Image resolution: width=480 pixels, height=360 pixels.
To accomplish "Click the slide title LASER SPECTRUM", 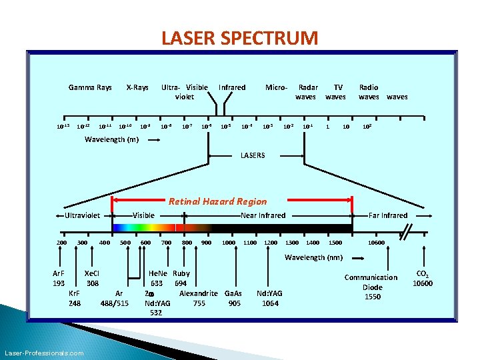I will [x=240, y=38].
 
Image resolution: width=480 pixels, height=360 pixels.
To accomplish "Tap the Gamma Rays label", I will [x=90, y=87].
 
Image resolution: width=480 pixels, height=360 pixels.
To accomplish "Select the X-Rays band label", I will [x=137, y=87].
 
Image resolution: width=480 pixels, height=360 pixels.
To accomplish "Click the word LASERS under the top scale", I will [x=253, y=155].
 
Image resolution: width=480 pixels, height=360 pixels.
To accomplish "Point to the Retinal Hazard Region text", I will [x=217, y=201].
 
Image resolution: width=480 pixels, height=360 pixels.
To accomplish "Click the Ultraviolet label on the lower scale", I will [x=82, y=215].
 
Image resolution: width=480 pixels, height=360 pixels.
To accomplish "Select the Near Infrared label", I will [x=263, y=215].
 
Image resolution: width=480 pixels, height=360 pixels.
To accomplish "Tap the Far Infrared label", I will [x=388, y=215].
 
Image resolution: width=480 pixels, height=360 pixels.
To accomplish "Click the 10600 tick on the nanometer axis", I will [x=376, y=243].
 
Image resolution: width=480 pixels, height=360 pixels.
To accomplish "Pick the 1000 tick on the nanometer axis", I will [x=228, y=243].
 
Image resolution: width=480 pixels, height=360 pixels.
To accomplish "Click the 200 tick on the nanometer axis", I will [x=61, y=243].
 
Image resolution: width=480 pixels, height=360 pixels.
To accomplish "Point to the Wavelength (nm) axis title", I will [x=313, y=257].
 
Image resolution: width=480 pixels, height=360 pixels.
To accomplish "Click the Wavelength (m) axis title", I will [x=113, y=140].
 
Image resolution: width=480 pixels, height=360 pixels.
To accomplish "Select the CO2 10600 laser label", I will [x=422, y=279].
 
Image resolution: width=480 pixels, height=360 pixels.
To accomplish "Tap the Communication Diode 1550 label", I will [x=371, y=287].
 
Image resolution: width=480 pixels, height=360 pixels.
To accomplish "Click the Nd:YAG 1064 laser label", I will [x=270, y=298].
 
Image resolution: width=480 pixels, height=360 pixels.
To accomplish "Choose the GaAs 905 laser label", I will [x=234, y=298].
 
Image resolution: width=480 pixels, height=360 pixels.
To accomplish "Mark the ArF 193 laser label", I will [x=59, y=278].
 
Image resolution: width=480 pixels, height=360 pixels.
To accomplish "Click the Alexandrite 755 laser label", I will [x=199, y=298].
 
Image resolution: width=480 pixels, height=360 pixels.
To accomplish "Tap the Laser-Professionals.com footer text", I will [x=44, y=353].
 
